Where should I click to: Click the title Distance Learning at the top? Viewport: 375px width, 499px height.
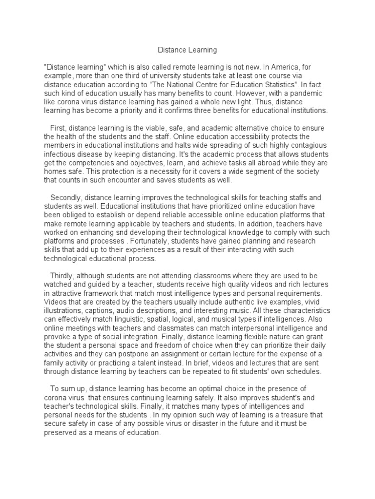pos(187,50)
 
